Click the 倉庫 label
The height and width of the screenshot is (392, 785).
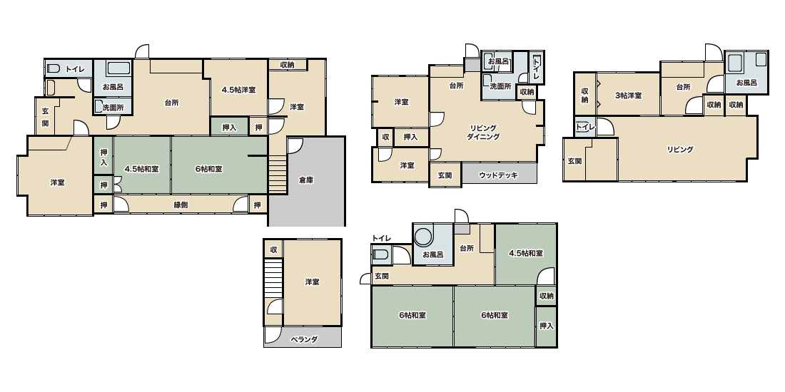point(306,180)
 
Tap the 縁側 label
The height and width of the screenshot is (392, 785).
point(181,205)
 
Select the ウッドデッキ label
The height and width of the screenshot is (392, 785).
point(498,175)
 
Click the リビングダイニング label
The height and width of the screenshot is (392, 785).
point(483,133)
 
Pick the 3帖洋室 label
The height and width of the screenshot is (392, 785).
point(628,95)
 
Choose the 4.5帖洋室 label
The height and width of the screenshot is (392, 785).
point(239,90)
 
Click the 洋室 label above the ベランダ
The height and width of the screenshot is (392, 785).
point(312,282)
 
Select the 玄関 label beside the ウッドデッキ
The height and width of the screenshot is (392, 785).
point(445,175)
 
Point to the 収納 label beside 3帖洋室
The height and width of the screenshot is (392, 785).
point(584,95)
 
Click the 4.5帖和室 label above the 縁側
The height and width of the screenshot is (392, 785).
point(142,169)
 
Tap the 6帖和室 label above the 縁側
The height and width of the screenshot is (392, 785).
point(209,169)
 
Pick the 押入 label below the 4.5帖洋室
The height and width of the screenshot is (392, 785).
point(229,128)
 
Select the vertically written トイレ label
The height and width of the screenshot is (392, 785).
point(536,67)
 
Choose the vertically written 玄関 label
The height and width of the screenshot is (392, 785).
point(45,117)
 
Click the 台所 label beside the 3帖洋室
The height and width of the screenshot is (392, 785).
point(683,87)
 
